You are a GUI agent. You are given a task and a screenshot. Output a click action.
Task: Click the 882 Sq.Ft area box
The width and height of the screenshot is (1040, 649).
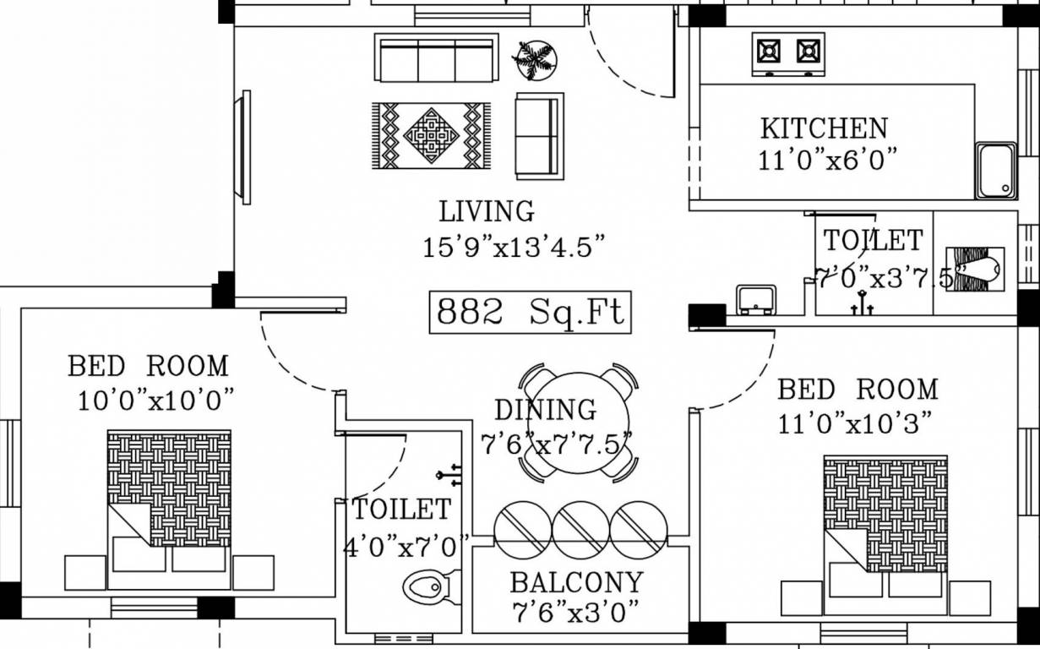(x=530, y=312)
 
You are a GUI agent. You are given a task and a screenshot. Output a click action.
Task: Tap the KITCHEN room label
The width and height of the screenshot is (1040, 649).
(x=824, y=128)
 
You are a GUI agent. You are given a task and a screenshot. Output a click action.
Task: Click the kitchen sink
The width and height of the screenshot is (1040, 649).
(x=996, y=170)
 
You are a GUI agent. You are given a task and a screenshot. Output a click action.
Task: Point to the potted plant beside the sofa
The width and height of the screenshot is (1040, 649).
(x=535, y=60)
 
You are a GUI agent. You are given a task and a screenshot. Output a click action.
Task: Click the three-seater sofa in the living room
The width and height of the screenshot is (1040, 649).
(x=436, y=58)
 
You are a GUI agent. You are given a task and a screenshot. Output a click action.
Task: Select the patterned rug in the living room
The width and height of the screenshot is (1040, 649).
(x=431, y=134)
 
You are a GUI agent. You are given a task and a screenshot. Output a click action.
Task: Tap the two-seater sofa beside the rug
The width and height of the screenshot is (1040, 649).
(x=538, y=135)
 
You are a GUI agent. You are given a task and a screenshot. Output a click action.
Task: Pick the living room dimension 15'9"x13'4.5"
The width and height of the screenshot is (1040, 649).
(x=515, y=248)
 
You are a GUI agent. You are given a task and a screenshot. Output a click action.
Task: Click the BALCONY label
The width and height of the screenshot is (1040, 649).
(x=576, y=582)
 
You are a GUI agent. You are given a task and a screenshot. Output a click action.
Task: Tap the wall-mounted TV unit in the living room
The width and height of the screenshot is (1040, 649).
(x=246, y=147)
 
